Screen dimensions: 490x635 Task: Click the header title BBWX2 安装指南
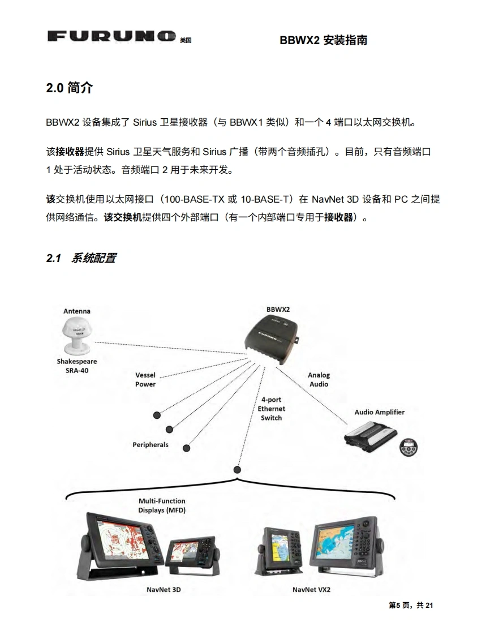[x=323, y=40]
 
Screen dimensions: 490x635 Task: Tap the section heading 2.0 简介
[x=70, y=88]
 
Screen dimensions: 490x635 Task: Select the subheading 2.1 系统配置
[x=81, y=258]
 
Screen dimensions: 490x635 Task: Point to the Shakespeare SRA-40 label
[x=76, y=366]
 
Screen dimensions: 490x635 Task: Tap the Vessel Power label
[x=145, y=379]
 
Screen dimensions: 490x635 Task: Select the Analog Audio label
[x=319, y=379]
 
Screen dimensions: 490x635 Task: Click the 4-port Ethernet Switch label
[x=272, y=408]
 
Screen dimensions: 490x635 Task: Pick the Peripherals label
[x=151, y=444]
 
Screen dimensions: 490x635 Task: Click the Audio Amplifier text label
[x=379, y=412]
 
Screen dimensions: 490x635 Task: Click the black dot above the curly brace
[x=237, y=469]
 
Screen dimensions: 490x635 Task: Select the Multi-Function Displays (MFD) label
[x=162, y=505]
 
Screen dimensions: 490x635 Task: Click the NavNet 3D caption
[x=164, y=589]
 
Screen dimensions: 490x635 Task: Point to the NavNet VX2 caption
[x=311, y=589]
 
